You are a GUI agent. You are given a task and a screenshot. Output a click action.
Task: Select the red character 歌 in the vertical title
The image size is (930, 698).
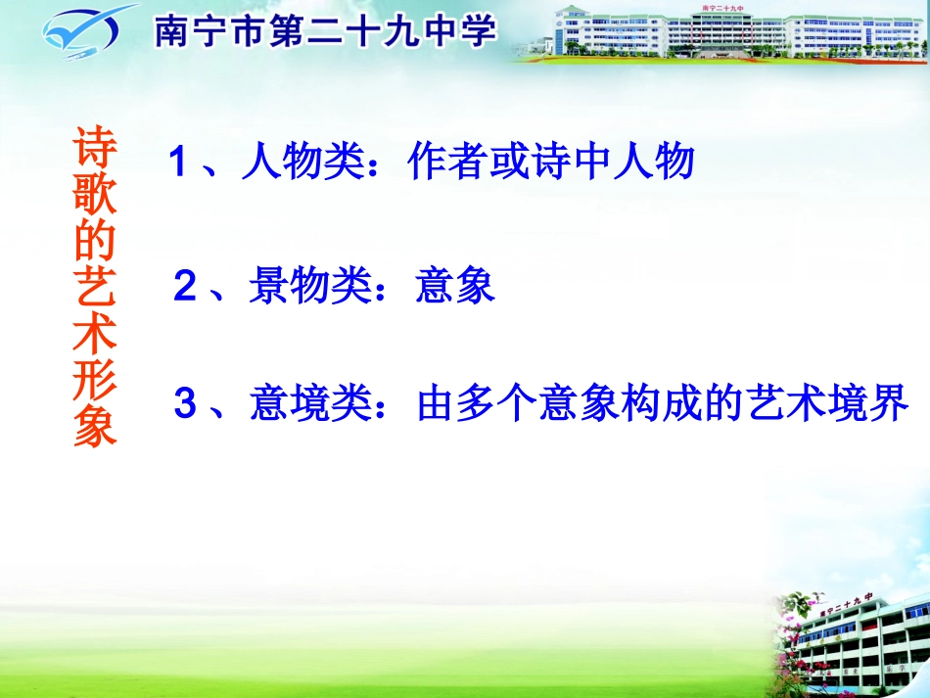[96, 197]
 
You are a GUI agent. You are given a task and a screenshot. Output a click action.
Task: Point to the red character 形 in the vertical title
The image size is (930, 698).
[96, 383]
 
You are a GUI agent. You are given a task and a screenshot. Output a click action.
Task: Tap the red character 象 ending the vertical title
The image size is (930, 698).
[96, 428]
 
